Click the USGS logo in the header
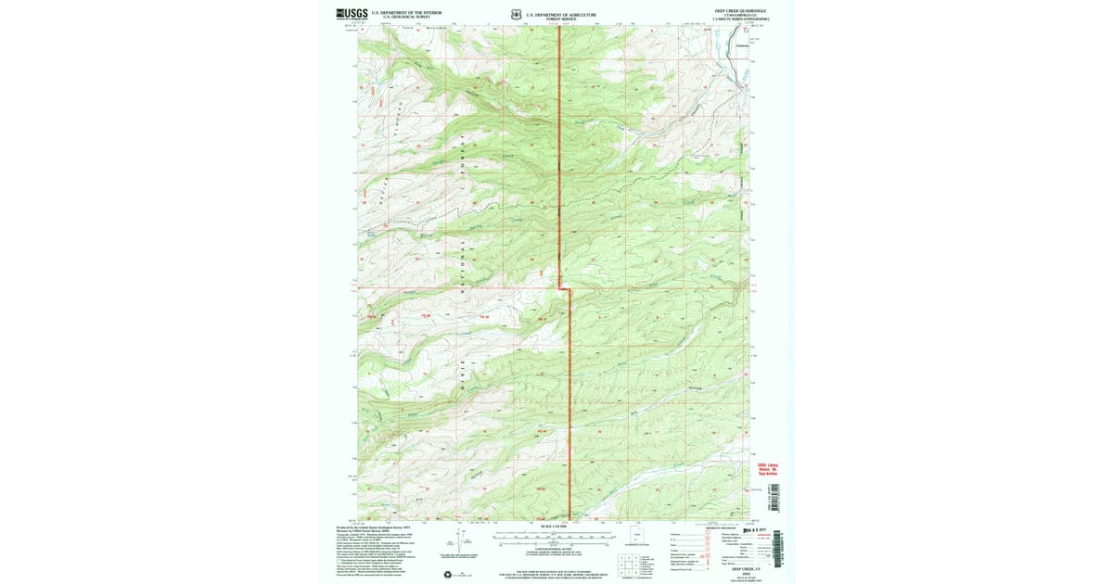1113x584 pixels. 352,14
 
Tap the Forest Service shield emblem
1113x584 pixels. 515,14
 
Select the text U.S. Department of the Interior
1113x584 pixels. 406,12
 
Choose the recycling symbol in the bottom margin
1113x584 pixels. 449,576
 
